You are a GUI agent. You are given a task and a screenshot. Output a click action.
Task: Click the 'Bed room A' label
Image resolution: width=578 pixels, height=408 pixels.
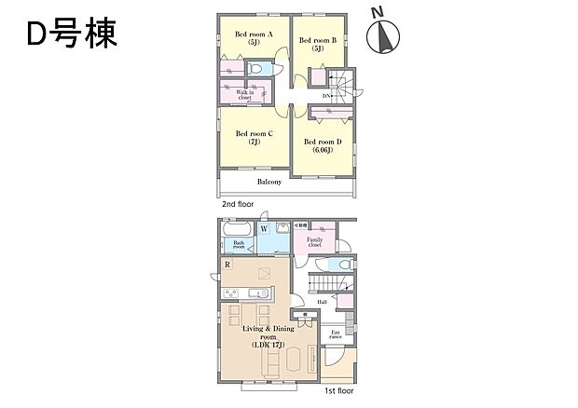(253, 38)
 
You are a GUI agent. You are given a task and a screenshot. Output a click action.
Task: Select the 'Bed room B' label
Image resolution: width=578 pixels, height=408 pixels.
(317, 44)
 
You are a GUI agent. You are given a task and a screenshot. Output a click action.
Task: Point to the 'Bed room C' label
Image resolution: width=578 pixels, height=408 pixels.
(253, 137)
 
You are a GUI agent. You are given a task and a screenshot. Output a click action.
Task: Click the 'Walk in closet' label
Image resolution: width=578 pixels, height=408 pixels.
(245, 93)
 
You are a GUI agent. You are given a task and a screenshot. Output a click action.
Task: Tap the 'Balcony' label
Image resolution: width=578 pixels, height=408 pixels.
(269, 182)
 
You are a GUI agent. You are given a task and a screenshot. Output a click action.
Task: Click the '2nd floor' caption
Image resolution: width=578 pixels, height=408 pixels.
(238, 202)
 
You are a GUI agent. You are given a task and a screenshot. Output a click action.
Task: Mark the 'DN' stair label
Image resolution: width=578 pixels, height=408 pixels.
(327, 96)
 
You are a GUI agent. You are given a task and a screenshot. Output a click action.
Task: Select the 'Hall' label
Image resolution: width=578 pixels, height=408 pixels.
(322, 300)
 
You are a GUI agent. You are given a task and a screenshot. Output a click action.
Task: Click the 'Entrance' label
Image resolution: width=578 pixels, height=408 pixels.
(335, 334)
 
